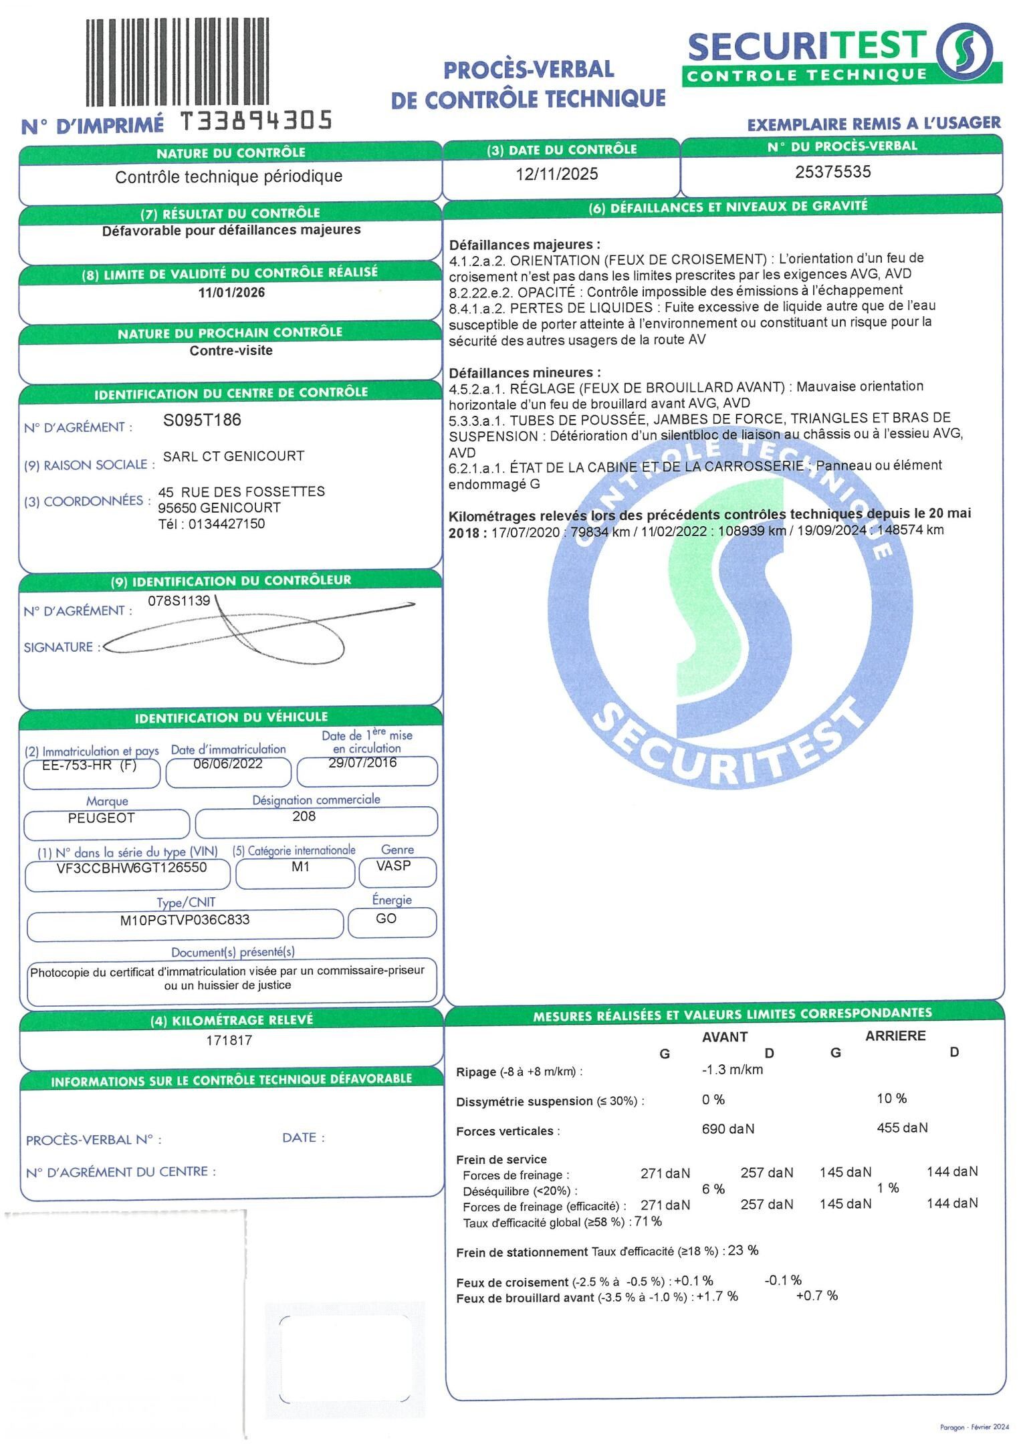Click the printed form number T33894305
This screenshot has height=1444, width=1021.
coord(257,121)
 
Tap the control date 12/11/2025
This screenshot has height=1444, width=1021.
coord(556,174)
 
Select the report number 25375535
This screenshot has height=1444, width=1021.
coord(832,172)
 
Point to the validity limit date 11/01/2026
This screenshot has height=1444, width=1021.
coord(231,293)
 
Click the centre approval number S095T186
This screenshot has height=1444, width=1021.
coord(202,420)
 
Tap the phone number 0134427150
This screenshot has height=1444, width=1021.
coord(227,523)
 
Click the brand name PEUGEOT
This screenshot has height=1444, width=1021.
coord(102,818)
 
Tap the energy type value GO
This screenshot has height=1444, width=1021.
coord(386,919)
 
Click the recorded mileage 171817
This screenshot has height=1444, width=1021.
coord(229,1040)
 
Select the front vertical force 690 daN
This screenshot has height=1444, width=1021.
coord(727,1129)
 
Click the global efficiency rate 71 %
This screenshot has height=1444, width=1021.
coord(648,1221)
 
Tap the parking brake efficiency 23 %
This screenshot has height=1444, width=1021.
coord(743,1250)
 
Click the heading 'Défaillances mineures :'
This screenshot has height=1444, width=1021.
coord(524,372)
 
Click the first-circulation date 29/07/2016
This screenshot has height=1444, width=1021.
coord(362,763)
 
